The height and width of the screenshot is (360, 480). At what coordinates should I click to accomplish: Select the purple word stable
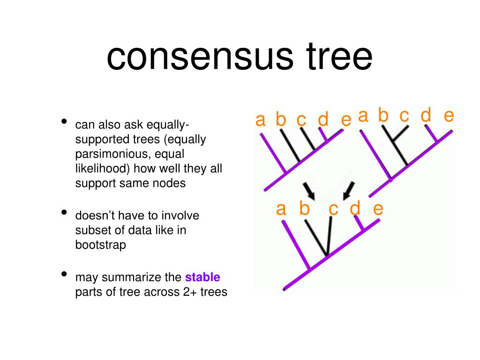203,277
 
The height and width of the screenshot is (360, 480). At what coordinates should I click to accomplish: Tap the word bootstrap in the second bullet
101,245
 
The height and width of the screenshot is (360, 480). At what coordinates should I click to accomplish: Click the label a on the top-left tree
261,120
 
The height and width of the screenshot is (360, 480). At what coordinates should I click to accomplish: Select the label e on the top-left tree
346,120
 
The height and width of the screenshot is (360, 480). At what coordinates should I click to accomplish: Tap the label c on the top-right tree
405,115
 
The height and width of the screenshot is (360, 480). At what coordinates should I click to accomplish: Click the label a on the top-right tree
363,115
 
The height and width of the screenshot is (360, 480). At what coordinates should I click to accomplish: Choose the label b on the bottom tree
305,209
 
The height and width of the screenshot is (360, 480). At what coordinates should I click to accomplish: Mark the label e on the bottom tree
378,209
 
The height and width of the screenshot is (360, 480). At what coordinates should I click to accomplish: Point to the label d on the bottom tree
355,209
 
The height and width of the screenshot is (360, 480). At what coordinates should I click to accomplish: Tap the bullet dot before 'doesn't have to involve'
64,213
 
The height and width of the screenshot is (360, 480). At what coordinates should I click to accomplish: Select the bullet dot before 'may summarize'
64,275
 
